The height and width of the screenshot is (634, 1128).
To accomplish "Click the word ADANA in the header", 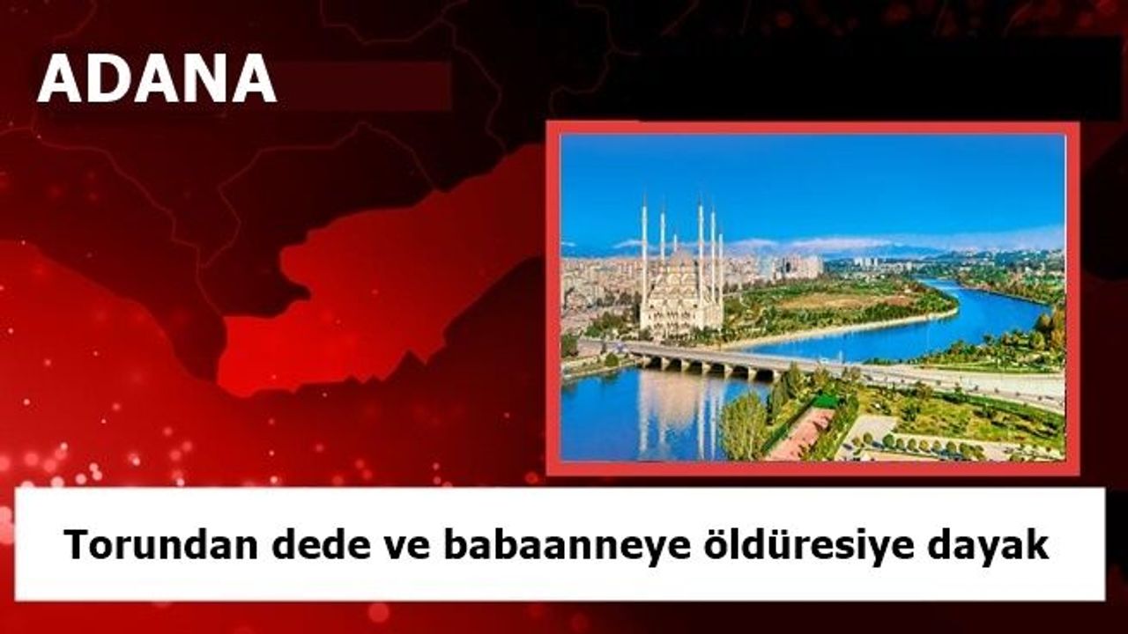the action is click(x=157, y=78).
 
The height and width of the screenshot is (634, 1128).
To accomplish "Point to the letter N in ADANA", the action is click(x=203, y=78).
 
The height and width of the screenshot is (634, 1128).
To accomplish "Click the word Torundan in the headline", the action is click(x=160, y=545).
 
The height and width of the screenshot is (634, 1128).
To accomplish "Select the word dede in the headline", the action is click(x=322, y=545).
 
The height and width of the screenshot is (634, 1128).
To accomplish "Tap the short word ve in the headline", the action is click(x=407, y=549).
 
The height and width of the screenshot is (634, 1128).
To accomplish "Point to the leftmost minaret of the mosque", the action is click(x=644, y=252).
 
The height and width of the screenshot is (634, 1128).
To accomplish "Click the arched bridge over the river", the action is click(x=715, y=360).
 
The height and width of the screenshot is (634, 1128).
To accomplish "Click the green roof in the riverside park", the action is click(x=825, y=401).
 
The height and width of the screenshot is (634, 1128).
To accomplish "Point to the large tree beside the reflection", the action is click(x=743, y=427).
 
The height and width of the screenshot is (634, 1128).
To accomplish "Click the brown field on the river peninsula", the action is click(x=846, y=302).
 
